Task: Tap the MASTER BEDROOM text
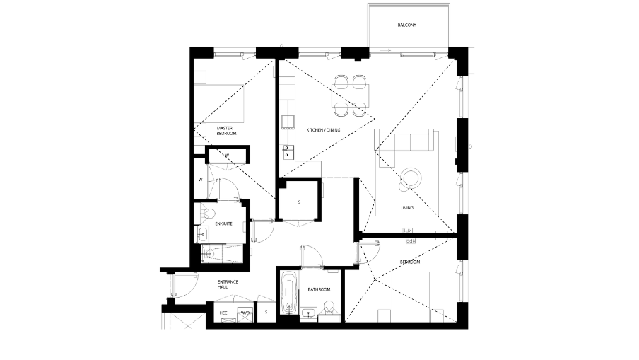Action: pos(226,131)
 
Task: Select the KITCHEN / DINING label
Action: pos(323,131)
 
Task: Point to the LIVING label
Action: pos(406,208)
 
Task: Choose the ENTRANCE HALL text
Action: pos(228,285)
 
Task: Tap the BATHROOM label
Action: pos(319,289)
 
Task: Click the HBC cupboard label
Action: pos(223,312)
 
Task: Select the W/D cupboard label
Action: pos(245,312)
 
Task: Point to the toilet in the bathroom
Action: pos(327,308)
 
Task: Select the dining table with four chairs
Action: pos(351,95)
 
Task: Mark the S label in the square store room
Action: pos(299,202)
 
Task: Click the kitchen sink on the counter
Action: pos(287,150)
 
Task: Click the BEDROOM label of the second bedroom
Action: pos(410,262)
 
